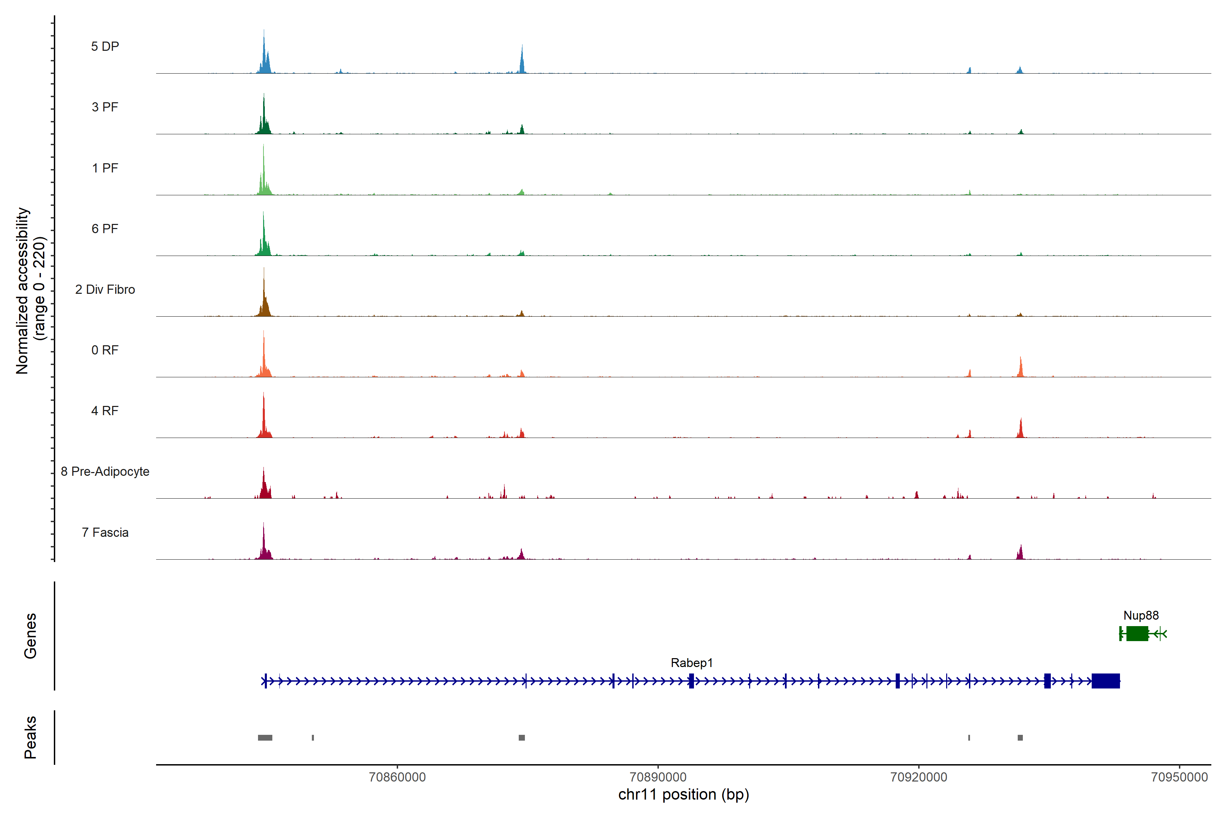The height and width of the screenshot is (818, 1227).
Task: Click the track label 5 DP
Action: tap(105, 46)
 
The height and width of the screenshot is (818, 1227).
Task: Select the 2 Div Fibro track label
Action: tap(105, 289)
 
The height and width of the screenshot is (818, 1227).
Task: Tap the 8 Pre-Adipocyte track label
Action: tap(105, 472)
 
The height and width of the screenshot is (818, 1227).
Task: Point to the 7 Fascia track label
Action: tap(105, 533)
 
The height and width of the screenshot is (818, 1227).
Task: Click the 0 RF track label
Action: tap(105, 350)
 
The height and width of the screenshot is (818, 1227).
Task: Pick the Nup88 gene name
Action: tap(1141, 616)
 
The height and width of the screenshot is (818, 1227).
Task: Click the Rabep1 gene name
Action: tap(691, 663)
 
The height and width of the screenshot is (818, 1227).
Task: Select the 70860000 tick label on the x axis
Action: tap(397, 777)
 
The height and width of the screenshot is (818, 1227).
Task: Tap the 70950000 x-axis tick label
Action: tap(1179, 777)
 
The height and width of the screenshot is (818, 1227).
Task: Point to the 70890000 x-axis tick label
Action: tap(658, 777)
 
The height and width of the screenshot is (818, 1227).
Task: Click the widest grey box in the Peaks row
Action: tap(265, 738)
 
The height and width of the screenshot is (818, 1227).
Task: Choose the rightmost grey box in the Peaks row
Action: tap(1020, 738)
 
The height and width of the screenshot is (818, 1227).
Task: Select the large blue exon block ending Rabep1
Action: tap(1105, 681)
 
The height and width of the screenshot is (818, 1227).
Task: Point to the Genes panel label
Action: tap(30, 636)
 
